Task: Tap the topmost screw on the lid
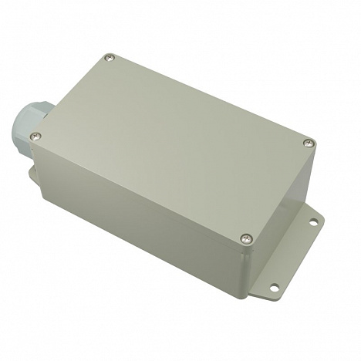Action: pyautogui.click(x=110, y=57)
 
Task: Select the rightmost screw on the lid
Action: pyautogui.click(x=309, y=143)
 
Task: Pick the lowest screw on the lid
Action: pyautogui.click(x=246, y=238)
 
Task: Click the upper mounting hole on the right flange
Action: pyautogui.click(x=314, y=223)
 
